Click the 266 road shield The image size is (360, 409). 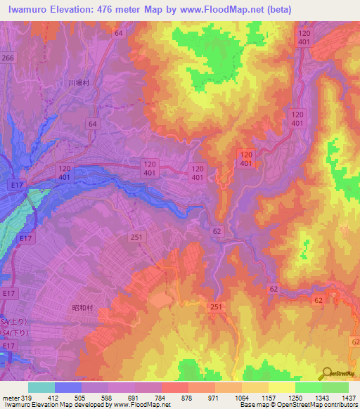[8, 58]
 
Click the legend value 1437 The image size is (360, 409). [349, 398]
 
